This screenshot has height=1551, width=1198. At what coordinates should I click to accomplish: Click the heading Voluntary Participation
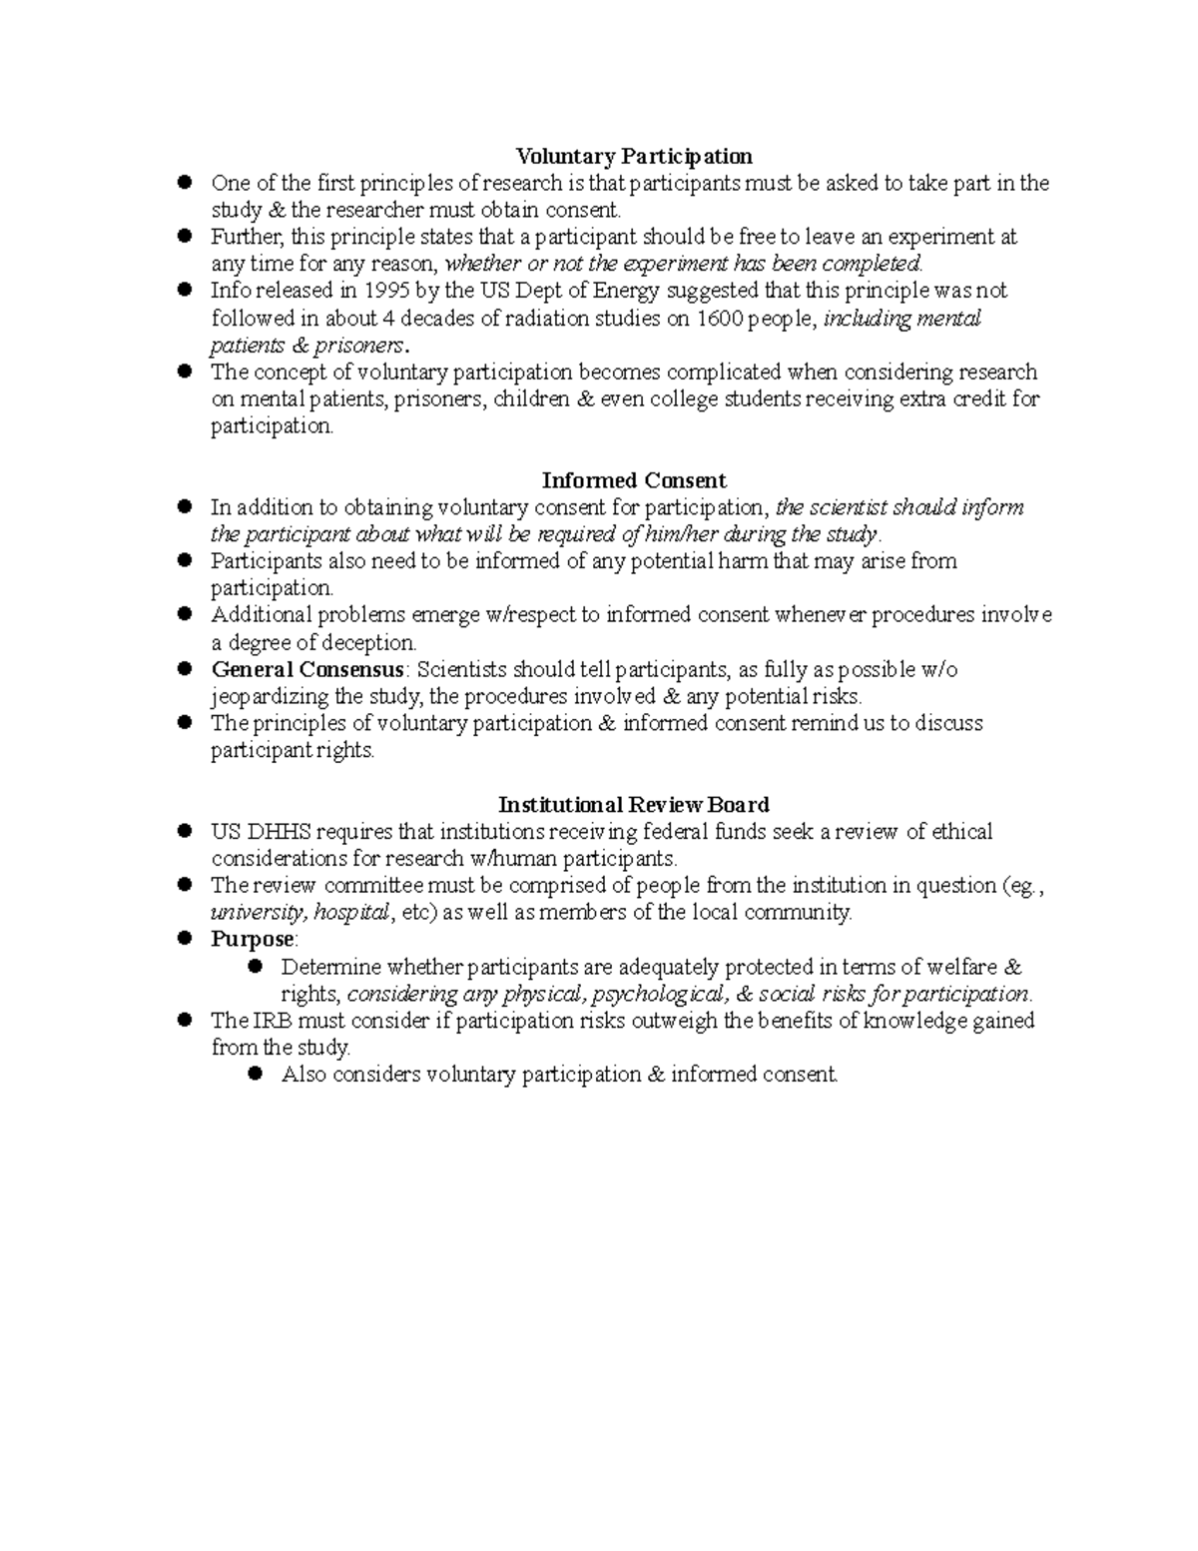pos(633,156)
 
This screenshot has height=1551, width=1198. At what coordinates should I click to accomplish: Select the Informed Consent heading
pos(633,480)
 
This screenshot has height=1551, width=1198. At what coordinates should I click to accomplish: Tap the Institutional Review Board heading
pos(633,805)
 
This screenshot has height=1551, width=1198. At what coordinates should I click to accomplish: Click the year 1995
pos(385,291)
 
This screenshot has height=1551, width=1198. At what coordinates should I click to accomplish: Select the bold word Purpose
pos(253,940)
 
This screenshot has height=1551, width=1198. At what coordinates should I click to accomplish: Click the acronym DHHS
pos(279,832)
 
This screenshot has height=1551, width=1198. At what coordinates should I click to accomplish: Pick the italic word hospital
pos(350,913)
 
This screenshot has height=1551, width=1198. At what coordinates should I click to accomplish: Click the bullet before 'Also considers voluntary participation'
pos(255,1074)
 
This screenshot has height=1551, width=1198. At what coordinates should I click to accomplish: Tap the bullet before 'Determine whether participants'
pos(255,966)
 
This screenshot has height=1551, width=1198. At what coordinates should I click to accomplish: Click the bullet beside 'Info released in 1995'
pos(185,290)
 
